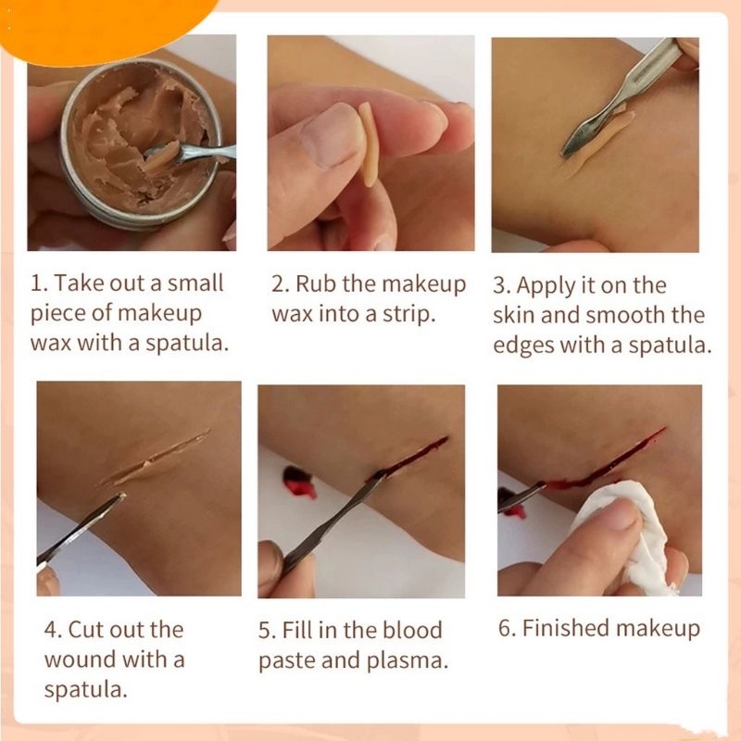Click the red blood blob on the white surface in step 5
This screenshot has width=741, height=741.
[298, 482]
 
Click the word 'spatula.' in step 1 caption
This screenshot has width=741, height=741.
[187, 344]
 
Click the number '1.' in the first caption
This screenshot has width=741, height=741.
[39, 283]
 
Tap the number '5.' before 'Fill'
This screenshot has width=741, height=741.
[267, 631]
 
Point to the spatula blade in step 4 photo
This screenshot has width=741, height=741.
[81, 529]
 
